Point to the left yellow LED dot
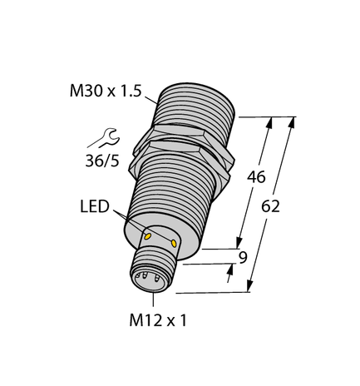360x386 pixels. coord(148,236)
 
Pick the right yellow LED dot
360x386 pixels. coord(174,243)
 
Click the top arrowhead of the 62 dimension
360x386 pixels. coord(292,121)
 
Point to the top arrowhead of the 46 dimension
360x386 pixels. coord(269,122)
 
